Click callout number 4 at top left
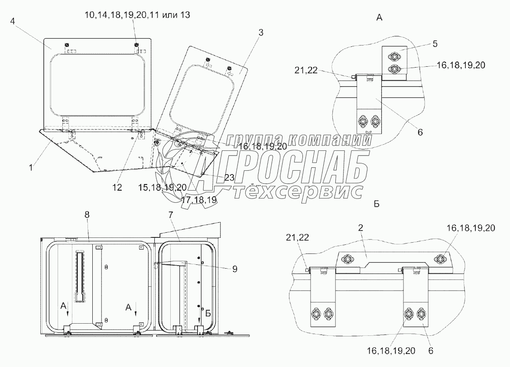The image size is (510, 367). click(13, 21)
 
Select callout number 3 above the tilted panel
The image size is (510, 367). click(261, 32)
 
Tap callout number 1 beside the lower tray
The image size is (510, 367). click(31, 168)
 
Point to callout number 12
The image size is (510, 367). click(117, 187)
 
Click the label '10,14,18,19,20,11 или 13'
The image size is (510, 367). click(137, 15)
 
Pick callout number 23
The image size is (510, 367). click(230, 177)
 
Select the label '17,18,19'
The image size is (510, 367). click(199, 199)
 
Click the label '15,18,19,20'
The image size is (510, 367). click(162, 188)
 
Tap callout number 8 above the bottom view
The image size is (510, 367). click(87, 214)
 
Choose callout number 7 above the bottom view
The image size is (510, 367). click(171, 214)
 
